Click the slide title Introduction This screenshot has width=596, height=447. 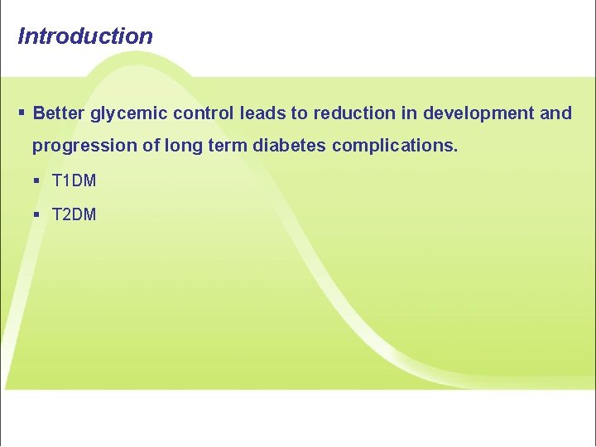tap(85, 36)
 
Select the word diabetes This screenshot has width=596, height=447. tap(289, 147)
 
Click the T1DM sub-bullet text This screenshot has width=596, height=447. tap(74, 180)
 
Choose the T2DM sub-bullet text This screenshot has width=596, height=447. tap(74, 214)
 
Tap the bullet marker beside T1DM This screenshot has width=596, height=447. tap(36, 180)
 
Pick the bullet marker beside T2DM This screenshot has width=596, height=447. tap(36, 214)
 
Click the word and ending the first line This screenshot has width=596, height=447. tap(555, 113)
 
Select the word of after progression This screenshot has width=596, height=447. tap(149, 147)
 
